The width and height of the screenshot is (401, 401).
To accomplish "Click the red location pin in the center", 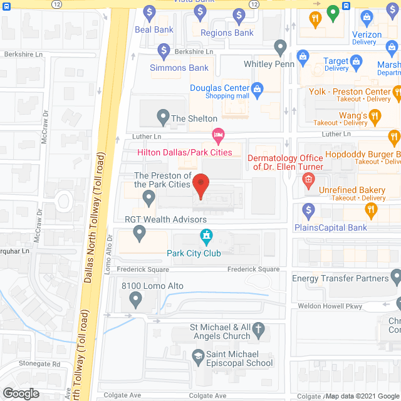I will [x=200, y=185].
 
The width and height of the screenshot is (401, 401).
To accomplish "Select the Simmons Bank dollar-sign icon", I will [x=164, y=49].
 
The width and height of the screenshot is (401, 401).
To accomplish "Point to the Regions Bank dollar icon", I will [x=239, y=14].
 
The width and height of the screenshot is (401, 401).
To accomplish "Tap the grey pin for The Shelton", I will [x=162, y=117].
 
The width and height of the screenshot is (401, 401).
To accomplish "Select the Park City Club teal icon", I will [x=205, y=237].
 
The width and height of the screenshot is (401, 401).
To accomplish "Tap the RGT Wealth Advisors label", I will [x=165, y=220].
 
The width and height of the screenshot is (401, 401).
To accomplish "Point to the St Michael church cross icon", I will [x=258, y=328].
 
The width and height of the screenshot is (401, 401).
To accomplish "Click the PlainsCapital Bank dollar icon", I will [x=308, y=210].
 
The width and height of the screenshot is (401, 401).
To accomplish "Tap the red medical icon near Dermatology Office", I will [x=308, y=181].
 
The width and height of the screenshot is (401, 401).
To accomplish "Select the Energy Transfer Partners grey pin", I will [x=395, y=276].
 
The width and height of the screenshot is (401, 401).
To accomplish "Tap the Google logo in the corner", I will [x=20, y=393].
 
